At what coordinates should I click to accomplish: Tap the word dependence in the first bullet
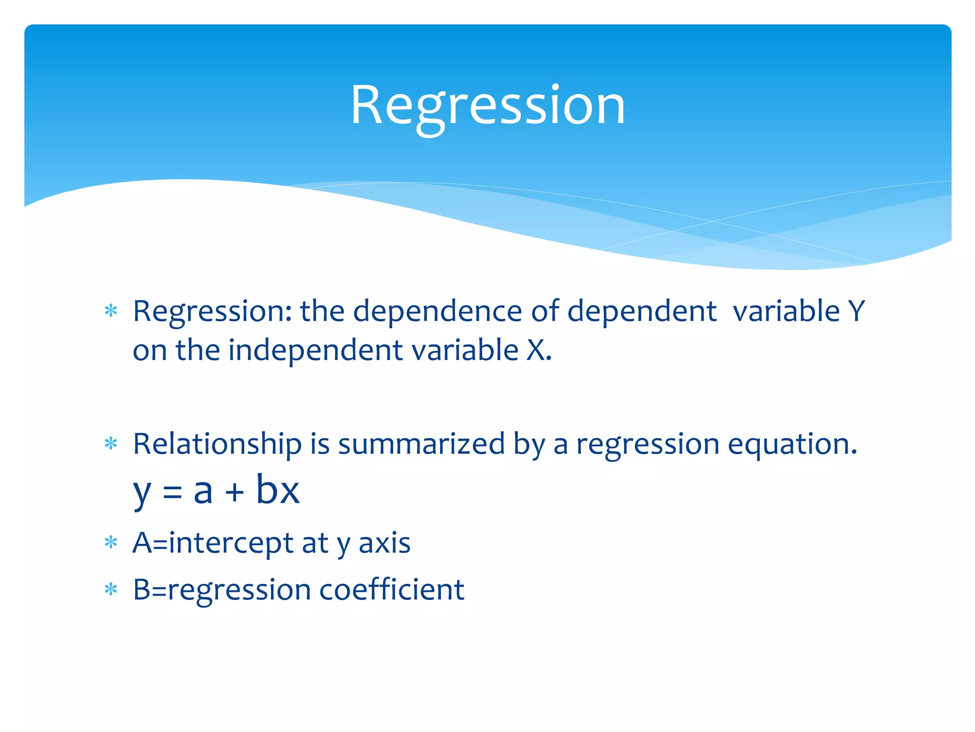coord(437,311)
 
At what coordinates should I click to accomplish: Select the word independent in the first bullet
coord(315,350)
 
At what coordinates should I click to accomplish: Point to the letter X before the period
coord(535,350)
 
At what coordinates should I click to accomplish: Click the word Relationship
coord(217,444)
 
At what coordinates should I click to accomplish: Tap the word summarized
coord(421,444)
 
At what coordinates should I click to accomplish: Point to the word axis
coord(384,543)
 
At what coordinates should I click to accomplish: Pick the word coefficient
coord(391,590)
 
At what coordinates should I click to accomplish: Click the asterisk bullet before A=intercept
coord(111,543)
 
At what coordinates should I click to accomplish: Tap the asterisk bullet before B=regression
coord(111,590)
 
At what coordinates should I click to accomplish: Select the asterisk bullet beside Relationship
coord(111,444)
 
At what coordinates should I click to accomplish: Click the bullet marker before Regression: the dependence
coord(111,311)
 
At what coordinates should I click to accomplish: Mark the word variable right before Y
coord(786,311)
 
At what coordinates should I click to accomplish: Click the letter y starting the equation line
coord(141,494)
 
